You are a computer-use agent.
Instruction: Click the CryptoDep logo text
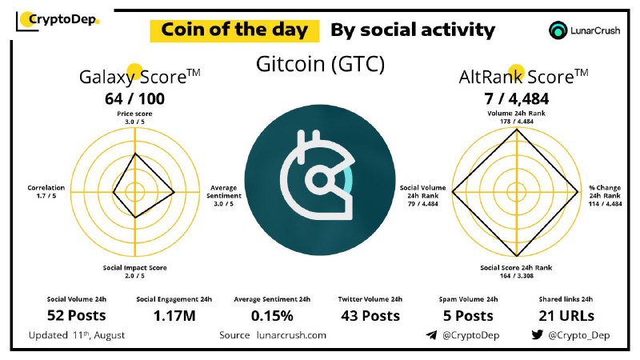[x=63, y=19]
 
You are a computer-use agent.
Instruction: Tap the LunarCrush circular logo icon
[x=558, y=30]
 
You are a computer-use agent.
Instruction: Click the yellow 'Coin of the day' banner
[x=234, y=30]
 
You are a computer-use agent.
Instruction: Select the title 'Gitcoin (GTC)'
[x=321, y=64]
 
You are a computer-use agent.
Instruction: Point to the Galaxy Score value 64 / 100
[x=134, y=98]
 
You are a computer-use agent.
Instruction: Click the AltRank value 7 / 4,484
[x=516, y=98]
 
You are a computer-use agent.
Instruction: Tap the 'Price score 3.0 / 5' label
[x=134, y=118]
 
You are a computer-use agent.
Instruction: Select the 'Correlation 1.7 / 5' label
[x=46, y=191]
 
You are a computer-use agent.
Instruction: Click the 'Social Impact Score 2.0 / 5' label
[x=134, y=271]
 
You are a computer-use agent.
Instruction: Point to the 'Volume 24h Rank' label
[x=516, y=114]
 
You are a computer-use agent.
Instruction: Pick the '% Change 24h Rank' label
[x=605, y=191]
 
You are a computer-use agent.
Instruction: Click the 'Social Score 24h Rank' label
[x=516, y=268]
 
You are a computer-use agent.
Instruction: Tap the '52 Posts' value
[x=76, y=315]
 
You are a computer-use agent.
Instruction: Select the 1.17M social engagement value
[x=174, y=315]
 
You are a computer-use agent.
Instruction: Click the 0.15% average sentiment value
[x=272, y=315]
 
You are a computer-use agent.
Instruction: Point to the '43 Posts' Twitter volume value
[x=370, y=315]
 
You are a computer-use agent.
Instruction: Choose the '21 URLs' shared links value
[x=566, y=315]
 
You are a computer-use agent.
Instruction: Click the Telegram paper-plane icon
[x=431, y=335]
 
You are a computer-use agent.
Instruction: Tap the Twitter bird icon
[x=537, y=334]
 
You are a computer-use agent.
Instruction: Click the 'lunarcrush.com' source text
[x=291, y=335]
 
